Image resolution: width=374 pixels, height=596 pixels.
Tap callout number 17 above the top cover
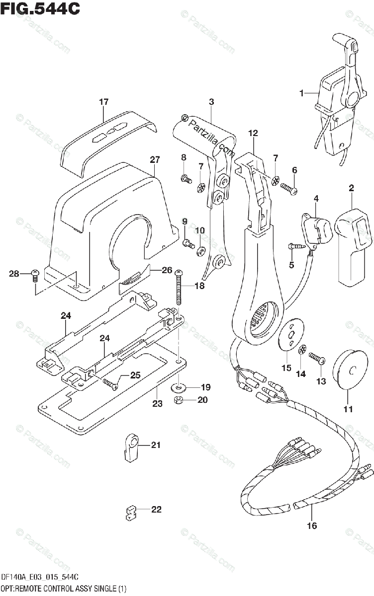point(103,102)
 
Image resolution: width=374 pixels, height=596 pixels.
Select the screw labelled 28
point(35,274)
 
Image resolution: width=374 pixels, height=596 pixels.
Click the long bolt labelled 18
point(178,288)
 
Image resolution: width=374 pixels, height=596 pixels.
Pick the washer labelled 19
point(178,386)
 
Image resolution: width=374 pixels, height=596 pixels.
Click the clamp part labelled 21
point(130,445)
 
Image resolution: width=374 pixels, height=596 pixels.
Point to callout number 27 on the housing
point(155,160)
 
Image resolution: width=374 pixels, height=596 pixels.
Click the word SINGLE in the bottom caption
point(104,589)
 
